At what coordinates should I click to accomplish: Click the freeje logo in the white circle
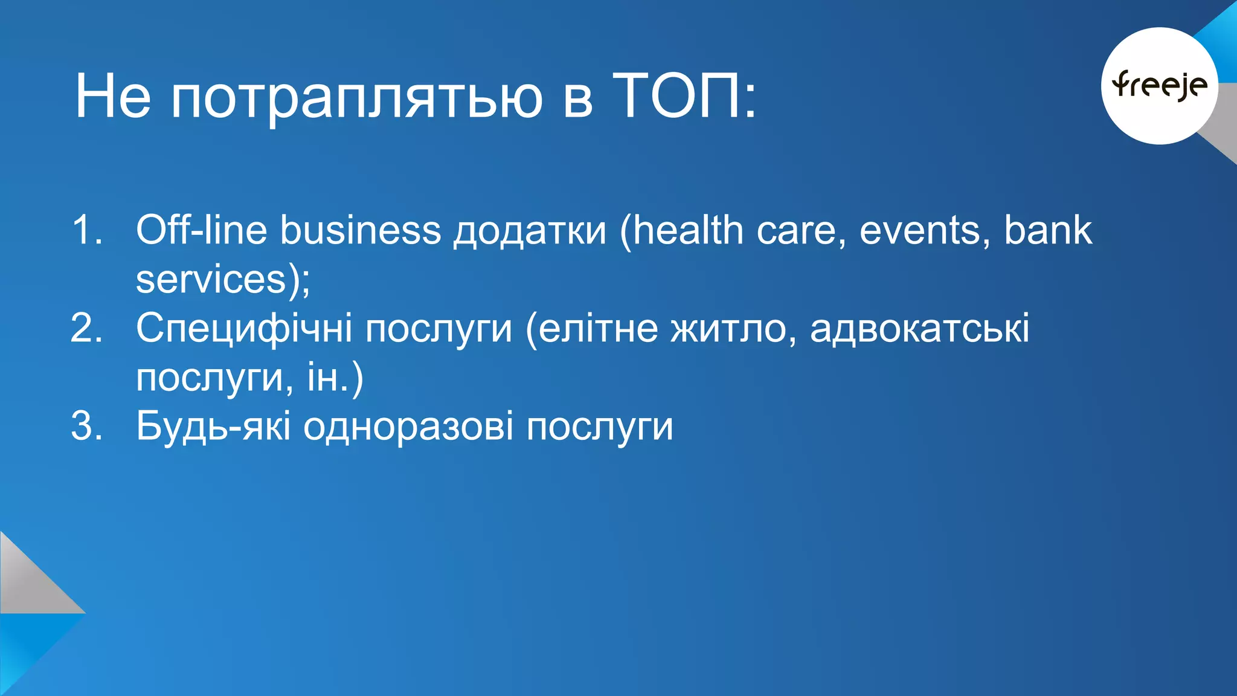pos(1159,85)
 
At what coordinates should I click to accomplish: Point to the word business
pos(361,230)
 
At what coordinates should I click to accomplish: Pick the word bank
pos(1047,230)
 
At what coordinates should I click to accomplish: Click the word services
pos(211,280)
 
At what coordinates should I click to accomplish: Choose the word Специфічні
pos(244,330)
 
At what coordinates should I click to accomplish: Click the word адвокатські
pos(919,329)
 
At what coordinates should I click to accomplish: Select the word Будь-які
pos(213,427)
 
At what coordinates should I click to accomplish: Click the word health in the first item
pos(688,230)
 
